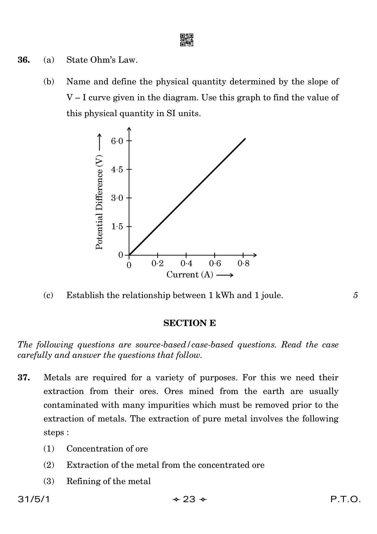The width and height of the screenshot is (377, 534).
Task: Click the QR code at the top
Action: click(187, 40)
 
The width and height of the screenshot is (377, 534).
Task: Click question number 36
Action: click(24, 60)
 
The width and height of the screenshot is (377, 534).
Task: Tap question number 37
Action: click(24, 377)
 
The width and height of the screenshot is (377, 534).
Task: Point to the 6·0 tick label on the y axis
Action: click(117, 141)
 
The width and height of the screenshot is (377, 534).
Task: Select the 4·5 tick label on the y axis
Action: click(117, 169)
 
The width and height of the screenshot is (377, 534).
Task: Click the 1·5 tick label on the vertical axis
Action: click(117, 227)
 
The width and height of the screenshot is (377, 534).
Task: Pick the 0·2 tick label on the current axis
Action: click(157, 263)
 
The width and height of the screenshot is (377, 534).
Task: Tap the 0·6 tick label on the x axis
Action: click(215, 263)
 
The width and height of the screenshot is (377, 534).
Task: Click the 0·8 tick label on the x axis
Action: click(243, 263)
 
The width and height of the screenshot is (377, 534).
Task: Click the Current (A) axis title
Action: click(190, 274)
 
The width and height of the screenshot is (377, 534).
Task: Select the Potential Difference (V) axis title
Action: click(99, 202)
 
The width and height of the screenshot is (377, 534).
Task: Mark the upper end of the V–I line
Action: click(245, 139)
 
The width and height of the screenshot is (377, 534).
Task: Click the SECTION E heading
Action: click(189, 323)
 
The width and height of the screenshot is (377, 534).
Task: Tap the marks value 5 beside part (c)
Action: click(355, 295)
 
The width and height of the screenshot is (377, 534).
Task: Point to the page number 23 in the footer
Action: click(189, 499)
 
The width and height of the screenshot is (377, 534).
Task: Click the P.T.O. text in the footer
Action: click(345, 499)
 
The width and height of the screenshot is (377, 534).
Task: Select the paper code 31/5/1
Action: click(34, 499)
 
